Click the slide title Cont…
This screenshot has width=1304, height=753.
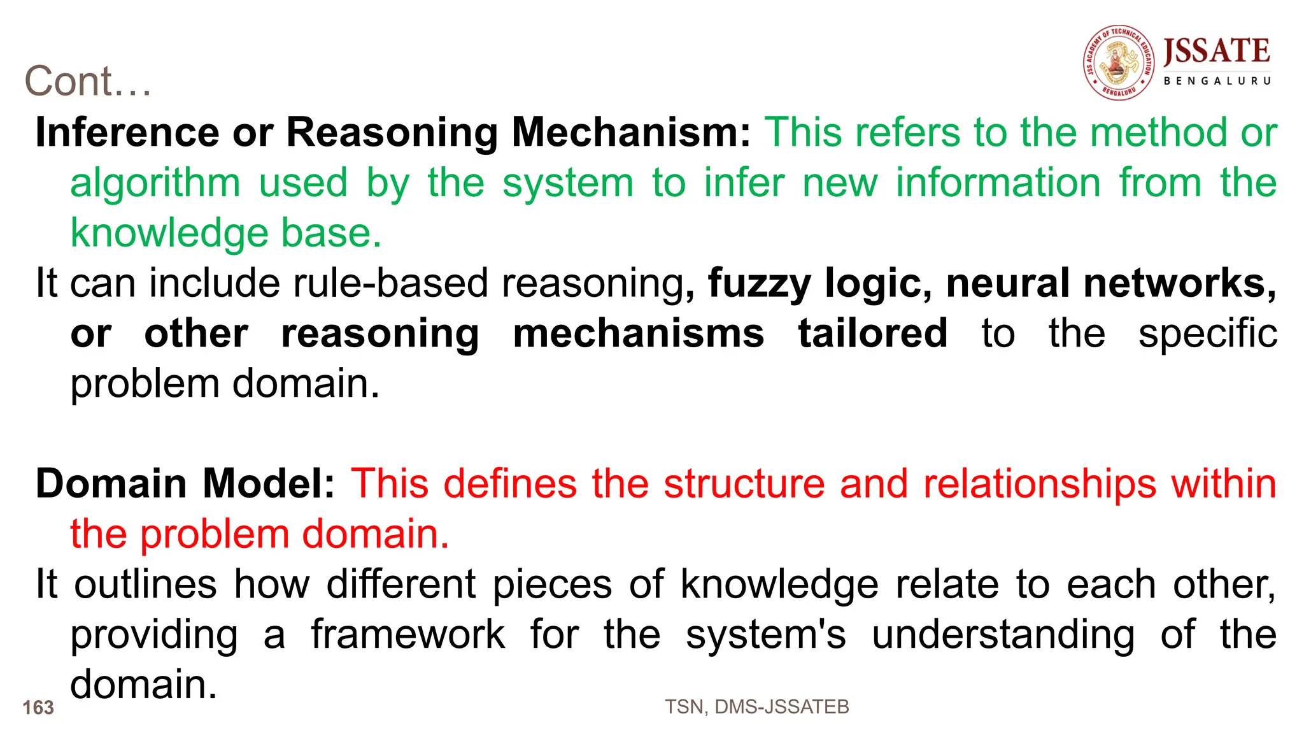[88, 82]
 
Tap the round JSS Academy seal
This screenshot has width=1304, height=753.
[1119, 62]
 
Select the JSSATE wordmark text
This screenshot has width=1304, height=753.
[1216, 51]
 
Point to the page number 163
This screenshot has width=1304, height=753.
[38, 708]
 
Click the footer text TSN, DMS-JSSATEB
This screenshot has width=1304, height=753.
[756, 706]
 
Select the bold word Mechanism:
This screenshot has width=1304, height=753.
[632, 133]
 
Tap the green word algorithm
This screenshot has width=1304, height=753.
[155, 184]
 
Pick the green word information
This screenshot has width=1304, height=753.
[998, 183]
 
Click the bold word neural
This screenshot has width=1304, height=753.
[1007, 283]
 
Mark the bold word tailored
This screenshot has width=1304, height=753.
[873, 334]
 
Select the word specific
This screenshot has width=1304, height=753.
[1207, 335]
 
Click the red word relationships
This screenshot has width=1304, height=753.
[1040, 484]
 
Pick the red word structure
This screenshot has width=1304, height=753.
[744, 484]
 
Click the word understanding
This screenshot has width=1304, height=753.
[1003, 636]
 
